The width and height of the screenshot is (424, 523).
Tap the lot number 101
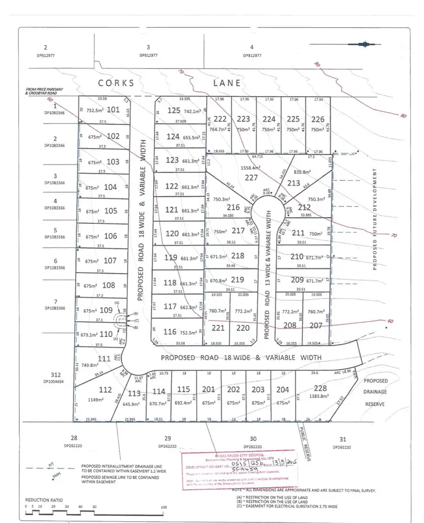[x=114, y=110]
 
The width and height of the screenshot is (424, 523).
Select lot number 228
[x=321, y=389]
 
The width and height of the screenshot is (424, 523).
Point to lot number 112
[x=105, y=390]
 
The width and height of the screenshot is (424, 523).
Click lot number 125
[x=174, y=110]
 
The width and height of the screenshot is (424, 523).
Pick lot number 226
[x=318, y=119]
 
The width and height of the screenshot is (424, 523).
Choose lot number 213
[x=294, y=183]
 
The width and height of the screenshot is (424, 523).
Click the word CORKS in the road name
[x=116, y=83]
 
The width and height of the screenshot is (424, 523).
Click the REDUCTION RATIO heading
[x=46, y=500]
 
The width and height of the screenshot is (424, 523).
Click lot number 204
[x=283, y=389]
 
